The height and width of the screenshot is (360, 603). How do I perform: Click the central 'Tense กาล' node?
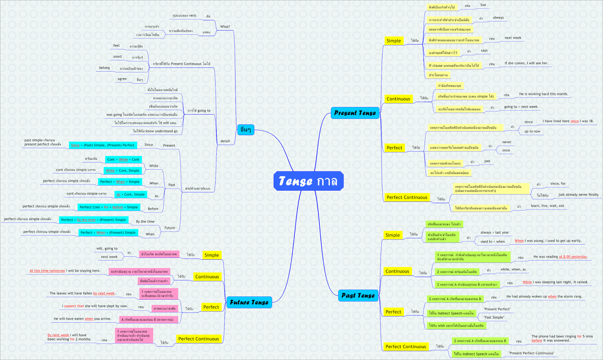coord(308,181)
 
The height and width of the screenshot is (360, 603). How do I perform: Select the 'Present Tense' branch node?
coord(355,113)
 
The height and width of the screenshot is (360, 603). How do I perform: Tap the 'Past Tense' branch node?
coord(358,295)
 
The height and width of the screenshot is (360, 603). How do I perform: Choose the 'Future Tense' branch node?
coord(249,302)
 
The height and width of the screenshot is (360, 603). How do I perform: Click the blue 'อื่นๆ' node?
coord(245,130)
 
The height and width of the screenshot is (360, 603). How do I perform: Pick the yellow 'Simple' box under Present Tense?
coord(393,41)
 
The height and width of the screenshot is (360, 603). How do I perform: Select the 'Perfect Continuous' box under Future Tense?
coord(199,339)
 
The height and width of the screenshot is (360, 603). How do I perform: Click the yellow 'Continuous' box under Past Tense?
coord(397,271)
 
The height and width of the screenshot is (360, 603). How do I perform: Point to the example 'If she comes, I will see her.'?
coord(526,63)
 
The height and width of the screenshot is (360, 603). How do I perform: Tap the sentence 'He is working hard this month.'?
coord(543,94)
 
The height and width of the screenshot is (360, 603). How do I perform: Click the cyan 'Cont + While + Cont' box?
coord(123,159)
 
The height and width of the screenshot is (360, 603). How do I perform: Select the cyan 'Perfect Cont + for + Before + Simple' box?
coord(109,207)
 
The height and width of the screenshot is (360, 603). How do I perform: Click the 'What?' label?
coord(225,27)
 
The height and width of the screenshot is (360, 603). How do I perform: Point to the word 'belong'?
coord(104,68)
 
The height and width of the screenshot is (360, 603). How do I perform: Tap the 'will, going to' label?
coord(107,249)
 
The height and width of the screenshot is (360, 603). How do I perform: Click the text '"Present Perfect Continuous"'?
coord(531,353)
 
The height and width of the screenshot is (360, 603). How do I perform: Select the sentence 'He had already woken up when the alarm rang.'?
coord(544,297)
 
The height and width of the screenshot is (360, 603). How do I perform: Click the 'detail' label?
coord(225,141)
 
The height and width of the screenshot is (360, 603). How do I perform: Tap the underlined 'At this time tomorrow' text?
coord(47,271)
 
